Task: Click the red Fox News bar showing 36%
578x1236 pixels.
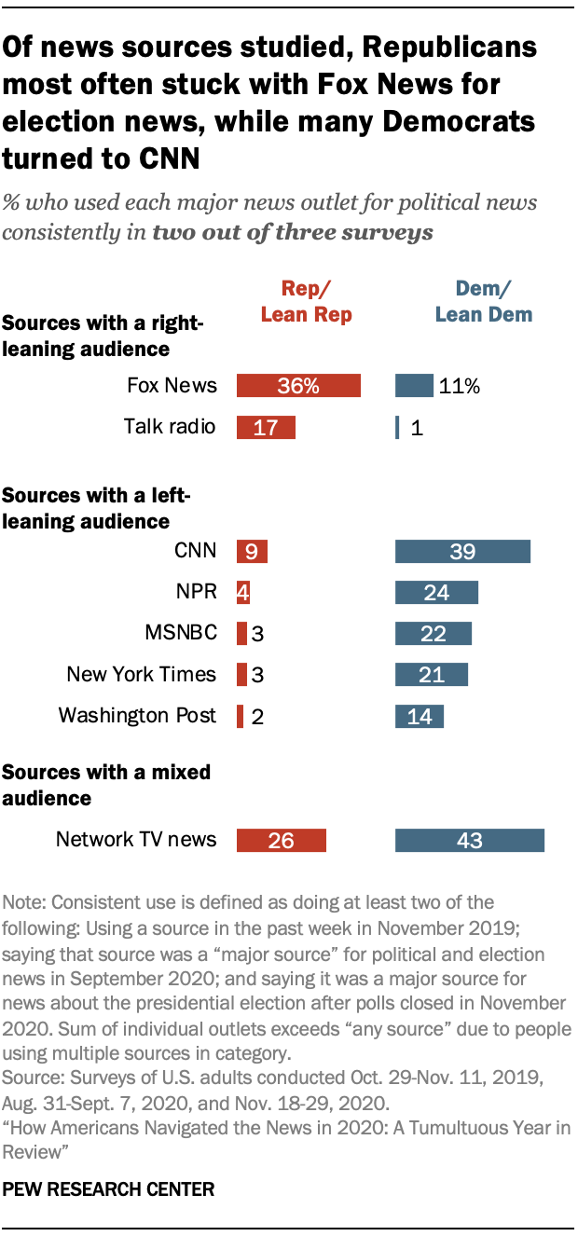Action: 298,386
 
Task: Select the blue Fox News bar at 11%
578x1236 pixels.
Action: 414,386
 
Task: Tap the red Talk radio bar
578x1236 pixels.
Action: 266,428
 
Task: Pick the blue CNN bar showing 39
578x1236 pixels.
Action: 462,551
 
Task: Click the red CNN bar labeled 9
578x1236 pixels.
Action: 252,551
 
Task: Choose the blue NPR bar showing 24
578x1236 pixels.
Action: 436,592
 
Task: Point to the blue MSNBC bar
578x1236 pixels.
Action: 433,633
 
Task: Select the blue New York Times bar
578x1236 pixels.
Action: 432,674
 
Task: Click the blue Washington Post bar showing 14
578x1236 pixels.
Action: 420,716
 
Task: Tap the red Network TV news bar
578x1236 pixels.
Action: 281,840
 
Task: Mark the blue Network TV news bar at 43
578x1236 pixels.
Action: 470,840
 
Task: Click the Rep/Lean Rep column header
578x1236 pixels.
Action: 306,301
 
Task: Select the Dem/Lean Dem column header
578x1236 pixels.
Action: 484,301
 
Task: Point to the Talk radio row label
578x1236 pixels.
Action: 170,427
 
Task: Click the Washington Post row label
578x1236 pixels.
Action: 137,716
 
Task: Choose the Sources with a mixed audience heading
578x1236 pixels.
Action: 106,785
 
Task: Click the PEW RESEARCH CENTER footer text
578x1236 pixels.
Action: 108,1189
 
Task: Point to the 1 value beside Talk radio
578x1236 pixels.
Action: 417,428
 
